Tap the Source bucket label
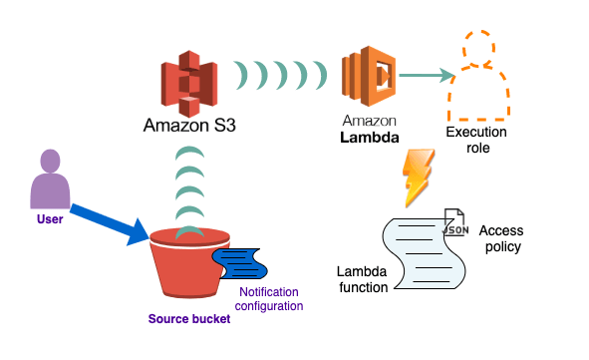[189, 319]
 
